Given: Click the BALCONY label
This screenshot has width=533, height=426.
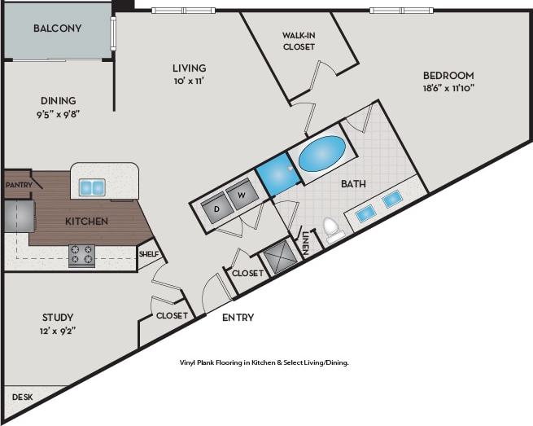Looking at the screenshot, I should [x=57, y=29].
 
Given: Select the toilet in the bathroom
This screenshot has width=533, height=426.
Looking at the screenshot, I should [x=332, y=229].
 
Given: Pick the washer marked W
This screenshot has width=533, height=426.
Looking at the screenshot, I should [x=241, y=195].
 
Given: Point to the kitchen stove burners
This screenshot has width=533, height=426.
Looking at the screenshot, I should [x=81, y=254].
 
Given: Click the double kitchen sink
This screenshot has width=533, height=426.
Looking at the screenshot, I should [x=91, y=187].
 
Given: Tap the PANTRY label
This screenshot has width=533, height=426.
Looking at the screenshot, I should [x=18, y=185].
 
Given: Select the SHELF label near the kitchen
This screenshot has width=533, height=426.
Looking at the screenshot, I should [x=148, y=254].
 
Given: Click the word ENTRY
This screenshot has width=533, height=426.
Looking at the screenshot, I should [x=238, y=318].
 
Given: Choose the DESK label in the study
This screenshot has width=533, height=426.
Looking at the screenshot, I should [x=22, y=397].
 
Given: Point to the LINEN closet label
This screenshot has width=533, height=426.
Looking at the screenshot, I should [x=305, y=243].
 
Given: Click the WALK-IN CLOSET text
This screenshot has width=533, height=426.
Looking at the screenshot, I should [x=299, y=41].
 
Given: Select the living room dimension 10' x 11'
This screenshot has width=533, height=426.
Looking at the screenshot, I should [x=189, y=81].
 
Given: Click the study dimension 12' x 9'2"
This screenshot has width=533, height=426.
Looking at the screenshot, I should [x=57, y=331].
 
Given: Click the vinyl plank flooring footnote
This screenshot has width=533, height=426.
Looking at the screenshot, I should [x=264, y=362].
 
